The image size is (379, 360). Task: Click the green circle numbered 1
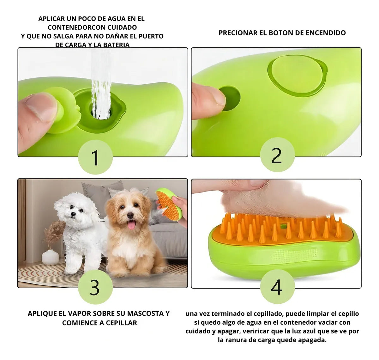pos(95,157)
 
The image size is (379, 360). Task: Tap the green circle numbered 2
pos(277,155)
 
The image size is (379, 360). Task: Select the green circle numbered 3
pos(95,287)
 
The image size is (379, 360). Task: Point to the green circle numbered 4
pos(277,287)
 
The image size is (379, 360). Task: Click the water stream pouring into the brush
pos(101,85)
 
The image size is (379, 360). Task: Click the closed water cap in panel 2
pos(296,75)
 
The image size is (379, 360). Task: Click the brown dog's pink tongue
pos(131,225)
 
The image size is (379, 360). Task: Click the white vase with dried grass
pos(50,256)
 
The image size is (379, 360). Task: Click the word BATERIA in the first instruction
pos(116,45)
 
